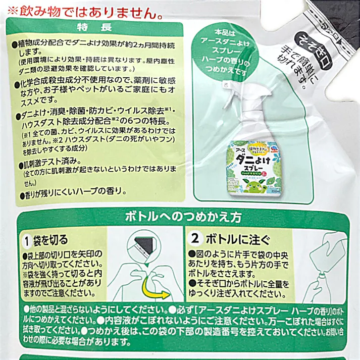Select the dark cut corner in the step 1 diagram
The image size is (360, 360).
[147, 248]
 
